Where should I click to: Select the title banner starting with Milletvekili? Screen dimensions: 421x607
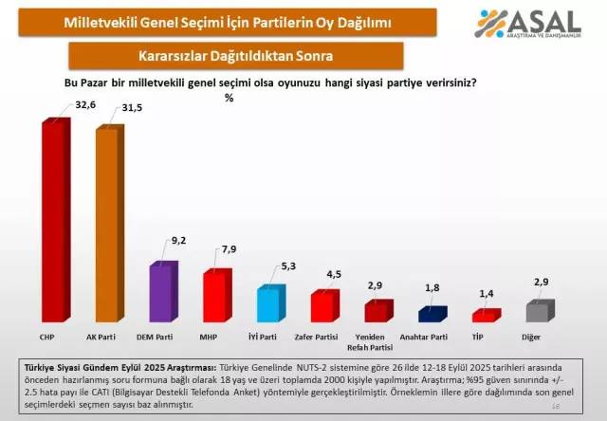(x=226, y=22)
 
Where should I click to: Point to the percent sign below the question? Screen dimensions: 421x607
(x=229, y=98)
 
